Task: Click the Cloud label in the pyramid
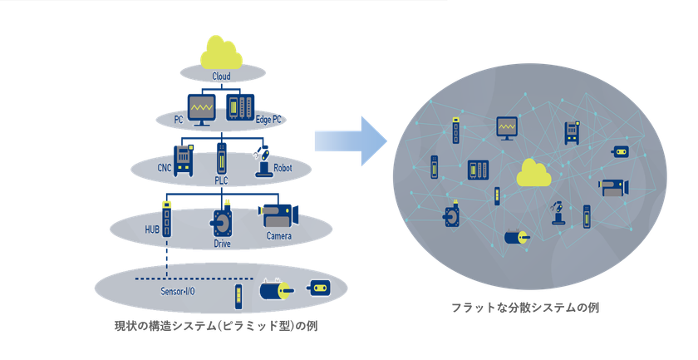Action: [x=221, y=76]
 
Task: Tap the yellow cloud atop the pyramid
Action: [x=221, y=52]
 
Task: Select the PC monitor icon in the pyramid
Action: [x=202, y=110]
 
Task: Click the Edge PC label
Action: [x=268, y=120]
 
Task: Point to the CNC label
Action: [x=165, y=168]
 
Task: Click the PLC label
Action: [x=221, y=180]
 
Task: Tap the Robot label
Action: [x=283, y=168]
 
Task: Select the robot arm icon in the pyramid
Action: [x=263, y=160]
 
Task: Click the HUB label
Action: [x=152, y=229]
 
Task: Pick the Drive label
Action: [x=222, y=244]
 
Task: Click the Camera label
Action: [x=279, y=235]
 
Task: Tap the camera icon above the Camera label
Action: [x=278, y=216]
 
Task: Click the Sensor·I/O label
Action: [x=178, y=291]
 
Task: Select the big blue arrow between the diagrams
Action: [x=351, y=141]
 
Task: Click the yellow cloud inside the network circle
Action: [x=533, y=173]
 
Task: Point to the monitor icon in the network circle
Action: [x=507, y=128]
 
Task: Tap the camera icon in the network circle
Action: [x=614, y=188]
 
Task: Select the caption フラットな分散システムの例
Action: [x=525, y=308]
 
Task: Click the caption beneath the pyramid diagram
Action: [x=216, y=326]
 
